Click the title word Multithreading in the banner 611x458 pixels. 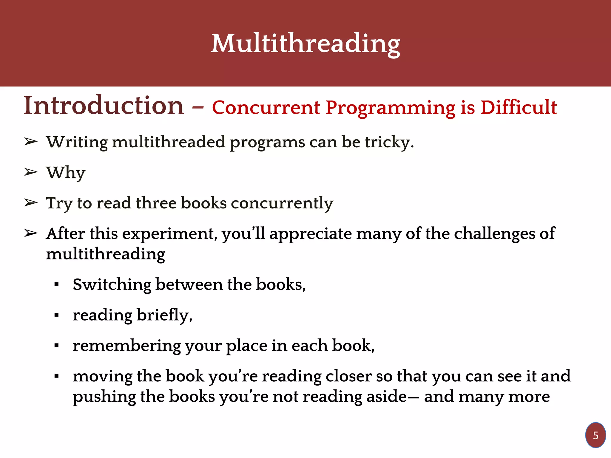click(x=305, y=44)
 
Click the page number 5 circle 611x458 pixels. click(x=595, y=435)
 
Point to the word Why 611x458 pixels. click(x=66, y=173)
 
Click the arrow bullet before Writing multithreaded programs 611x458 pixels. click(x=31, y=142)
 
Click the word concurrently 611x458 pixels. click(x=282, y=203)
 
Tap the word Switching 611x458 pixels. click(x=112, y=285)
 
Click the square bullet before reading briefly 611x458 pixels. click(x=56, y=315)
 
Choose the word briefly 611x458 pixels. click(x=164, y=315)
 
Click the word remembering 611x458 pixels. click(x=126, y=346)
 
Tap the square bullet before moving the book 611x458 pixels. click(x=56, y=376)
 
